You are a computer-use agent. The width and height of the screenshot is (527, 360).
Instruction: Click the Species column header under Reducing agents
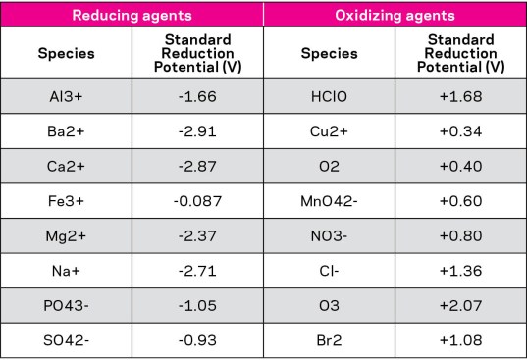(x=67, y=54)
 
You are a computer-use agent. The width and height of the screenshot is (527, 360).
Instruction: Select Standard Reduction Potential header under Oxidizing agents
(x=461, y=54)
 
